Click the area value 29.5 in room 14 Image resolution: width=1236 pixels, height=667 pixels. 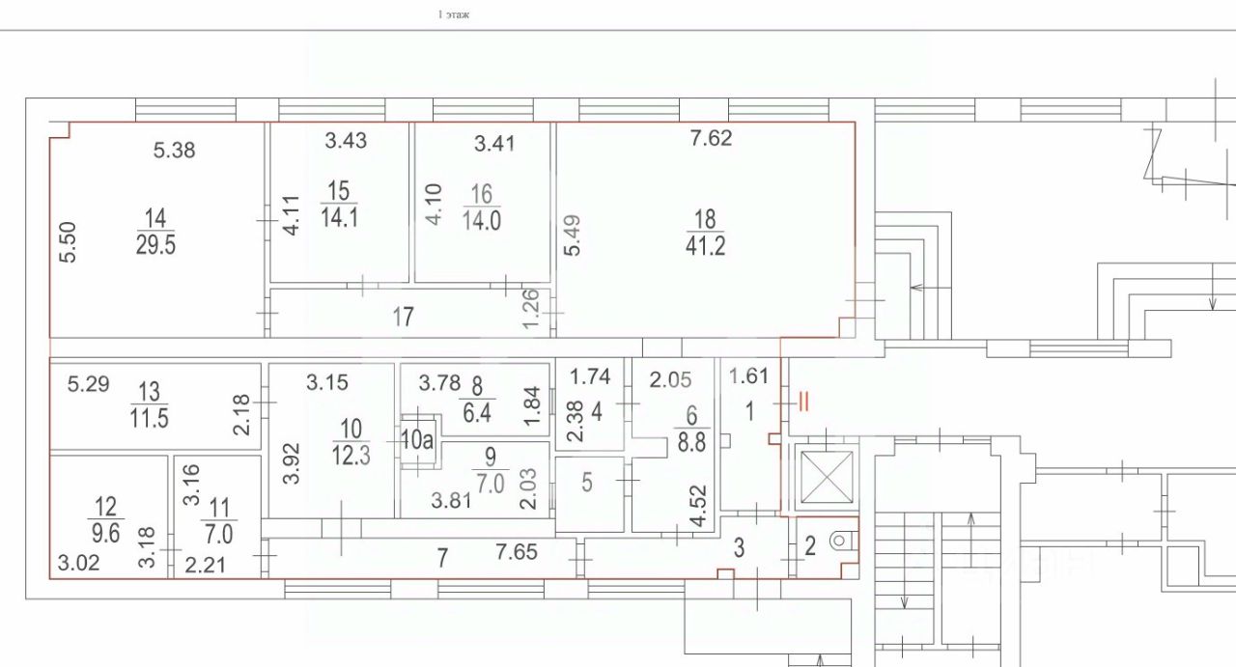[x=155, y=244]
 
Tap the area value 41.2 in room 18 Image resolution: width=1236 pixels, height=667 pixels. [x=706, y=246]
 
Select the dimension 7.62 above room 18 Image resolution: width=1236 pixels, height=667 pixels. [x=711, y=138]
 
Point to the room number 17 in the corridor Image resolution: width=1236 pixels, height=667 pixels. [x=404, y=316]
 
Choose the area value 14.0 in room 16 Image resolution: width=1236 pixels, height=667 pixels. [x=482, y=219]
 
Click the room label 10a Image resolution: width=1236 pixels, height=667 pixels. [x=416, y=441]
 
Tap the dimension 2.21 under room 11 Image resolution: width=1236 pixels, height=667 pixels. [x=206, y=564]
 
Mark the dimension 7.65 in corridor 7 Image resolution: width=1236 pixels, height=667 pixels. [x=517, y=552]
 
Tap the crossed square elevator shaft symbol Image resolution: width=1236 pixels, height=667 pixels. [x=824, y=478]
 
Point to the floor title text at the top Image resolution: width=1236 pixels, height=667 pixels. [x=454, y=14]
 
